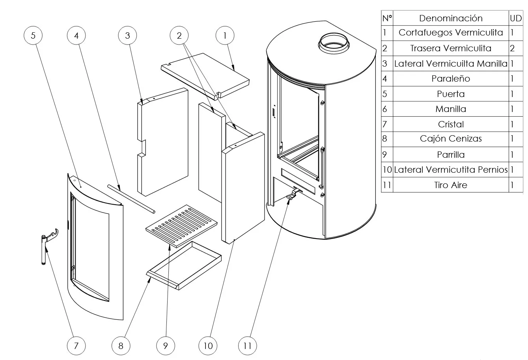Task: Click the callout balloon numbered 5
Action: [x=33, y=35]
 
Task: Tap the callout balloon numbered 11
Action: [x=247, y=346]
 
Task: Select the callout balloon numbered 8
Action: [x=121, y=346]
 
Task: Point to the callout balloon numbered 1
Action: [x=225, y=35]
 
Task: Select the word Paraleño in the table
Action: [x=451, y=78]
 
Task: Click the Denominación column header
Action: [x=451, y=18]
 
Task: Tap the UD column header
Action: [x=515, y=18]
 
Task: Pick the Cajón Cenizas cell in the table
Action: [x=451, y=139]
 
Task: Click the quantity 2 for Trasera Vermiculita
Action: [x=512, y=48]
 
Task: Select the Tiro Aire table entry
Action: [x=451, y=185]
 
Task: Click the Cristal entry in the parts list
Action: [x=451, y=124]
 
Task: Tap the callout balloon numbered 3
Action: [x=127, y=35]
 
